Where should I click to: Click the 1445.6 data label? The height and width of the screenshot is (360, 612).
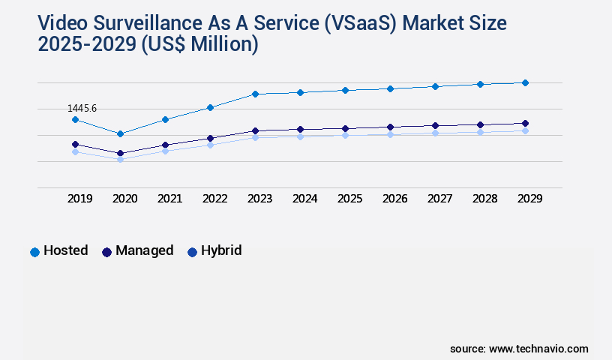pos(82,109)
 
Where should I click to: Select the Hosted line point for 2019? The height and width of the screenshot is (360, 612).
pos(75,119)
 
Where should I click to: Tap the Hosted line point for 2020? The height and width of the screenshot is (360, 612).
pos(120,133)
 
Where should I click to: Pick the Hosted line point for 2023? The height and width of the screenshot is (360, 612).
pos(255,94)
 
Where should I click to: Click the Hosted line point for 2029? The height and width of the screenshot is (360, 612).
pos(525,82)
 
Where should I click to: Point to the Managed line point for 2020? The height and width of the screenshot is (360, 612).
pos(120,153)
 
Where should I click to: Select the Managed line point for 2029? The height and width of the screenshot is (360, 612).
pos(525,123)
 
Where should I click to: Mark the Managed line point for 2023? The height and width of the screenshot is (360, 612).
pos(255,130)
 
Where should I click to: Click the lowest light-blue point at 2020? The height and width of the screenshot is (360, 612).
pos(120,159)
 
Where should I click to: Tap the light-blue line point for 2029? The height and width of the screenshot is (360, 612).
pos(525,130)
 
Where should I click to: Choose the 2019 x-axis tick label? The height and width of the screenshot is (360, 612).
pos(80,199)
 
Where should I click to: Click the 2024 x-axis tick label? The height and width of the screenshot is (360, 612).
pos(305,199)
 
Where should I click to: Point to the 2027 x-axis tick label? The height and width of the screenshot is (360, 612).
pos(440,199)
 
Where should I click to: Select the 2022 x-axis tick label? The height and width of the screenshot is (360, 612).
pos(215,199)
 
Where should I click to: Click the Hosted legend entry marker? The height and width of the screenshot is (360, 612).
pos(34,252)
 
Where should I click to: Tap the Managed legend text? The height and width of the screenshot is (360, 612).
pos(144,250)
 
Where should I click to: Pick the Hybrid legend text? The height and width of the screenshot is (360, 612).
pos(221,250)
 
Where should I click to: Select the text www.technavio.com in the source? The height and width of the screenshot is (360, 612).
pos(538,349)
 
